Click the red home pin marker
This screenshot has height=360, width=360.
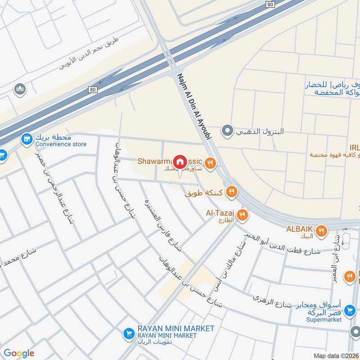(180, 161)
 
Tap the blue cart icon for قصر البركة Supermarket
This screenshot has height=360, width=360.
(350, 310)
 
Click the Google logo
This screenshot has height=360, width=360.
(19, 353)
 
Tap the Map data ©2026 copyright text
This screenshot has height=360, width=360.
(335, 355)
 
